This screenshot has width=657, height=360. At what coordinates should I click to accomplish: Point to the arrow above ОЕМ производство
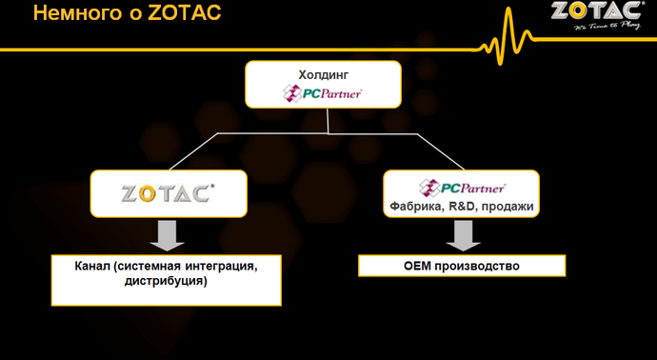[462, 234]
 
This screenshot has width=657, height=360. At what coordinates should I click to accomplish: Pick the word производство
[479, 266]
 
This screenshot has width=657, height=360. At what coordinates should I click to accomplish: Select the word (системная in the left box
[148, 266]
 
